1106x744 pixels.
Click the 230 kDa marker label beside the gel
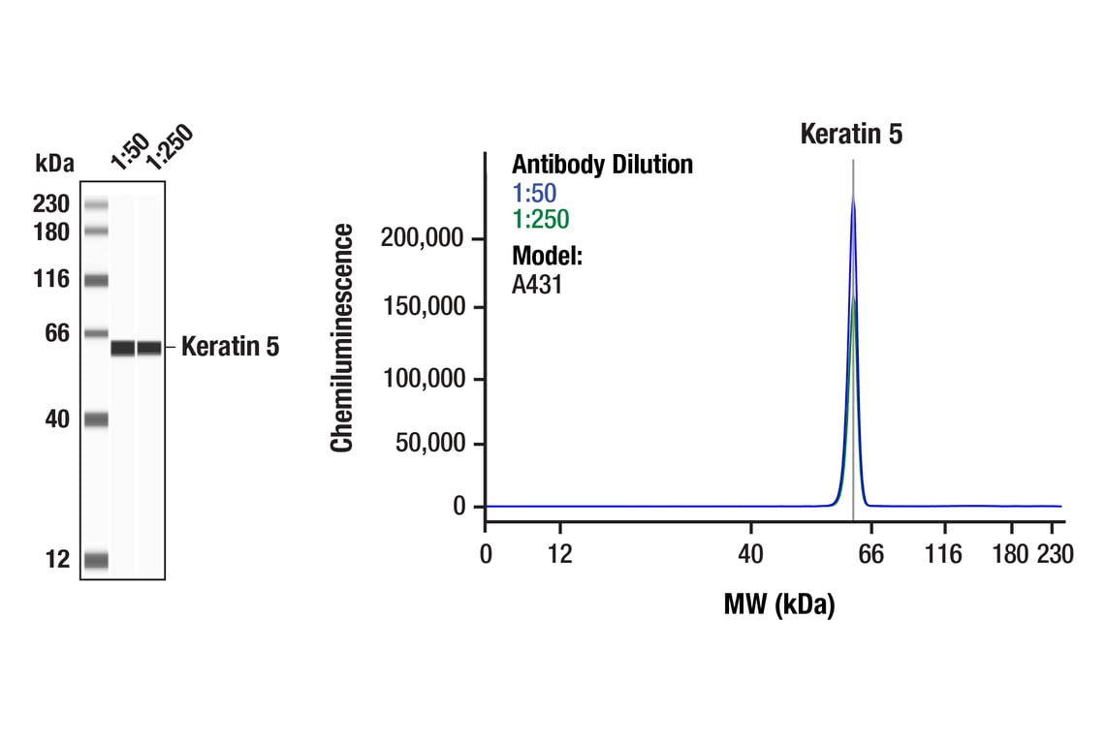[52, 204]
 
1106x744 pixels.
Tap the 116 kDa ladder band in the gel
[96, 281]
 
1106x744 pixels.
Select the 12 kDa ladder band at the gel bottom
[96, 560]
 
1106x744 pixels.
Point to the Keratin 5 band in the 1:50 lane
[123, 348]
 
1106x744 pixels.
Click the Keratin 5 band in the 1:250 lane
[148, 348]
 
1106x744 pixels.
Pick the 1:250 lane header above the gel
[169, 148]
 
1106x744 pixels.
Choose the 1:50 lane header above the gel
[130, 152]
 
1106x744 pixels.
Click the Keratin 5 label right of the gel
[230, 347]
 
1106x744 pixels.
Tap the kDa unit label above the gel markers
[54, 164]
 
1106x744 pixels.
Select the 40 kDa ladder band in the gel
[96, 419]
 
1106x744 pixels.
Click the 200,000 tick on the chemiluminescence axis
[423, 238]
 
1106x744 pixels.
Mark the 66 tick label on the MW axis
[871, 554]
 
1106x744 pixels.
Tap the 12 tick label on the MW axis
[559, 554]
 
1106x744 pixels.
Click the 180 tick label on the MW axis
[1011, 554]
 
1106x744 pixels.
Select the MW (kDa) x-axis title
[778, 605]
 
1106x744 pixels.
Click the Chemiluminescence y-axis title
[342, 337]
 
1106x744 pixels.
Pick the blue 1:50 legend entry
[534, 194]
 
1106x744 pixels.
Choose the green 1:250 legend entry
[540, 220]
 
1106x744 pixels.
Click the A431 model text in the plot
[537, 285]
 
